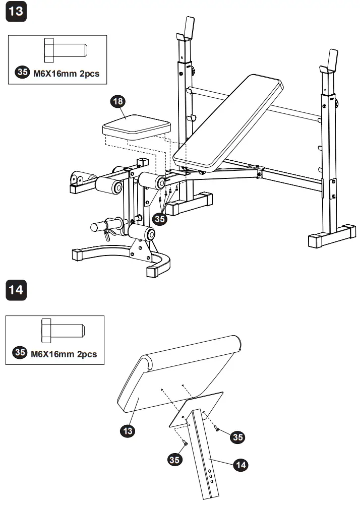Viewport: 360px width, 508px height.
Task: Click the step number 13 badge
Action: (x=16, y=11)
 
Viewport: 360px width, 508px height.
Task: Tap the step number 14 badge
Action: (x=16, y=291)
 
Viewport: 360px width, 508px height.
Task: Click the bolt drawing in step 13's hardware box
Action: (x=66, y=50)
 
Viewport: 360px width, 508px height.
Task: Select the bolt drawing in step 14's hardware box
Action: (x=63, y=330)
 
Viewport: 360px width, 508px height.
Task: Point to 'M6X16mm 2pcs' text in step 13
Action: (x=66, y=73)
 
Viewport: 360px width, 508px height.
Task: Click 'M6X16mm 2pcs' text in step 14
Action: (x=64, y=354)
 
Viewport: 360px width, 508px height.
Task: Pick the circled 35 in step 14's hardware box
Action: (x=20, y=353)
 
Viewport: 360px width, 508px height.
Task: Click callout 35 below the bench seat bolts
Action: (x=160, y=219)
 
